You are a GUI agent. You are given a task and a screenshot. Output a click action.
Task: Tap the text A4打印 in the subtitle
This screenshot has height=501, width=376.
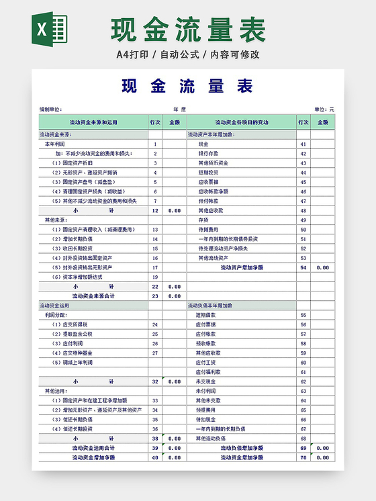133,54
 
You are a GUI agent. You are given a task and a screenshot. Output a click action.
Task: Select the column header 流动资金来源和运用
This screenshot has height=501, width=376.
93,122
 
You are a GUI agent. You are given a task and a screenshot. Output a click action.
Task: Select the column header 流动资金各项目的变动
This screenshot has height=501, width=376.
241,122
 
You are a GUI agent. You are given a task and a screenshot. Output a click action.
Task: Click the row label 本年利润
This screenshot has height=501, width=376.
54,144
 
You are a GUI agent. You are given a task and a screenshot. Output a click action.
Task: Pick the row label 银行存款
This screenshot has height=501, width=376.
207,154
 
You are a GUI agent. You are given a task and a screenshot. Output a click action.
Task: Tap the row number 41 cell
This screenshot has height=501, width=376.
303,144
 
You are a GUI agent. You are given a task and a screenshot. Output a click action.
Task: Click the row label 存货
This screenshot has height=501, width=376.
203,220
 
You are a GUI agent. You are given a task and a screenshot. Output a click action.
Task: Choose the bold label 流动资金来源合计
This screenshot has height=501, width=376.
93,295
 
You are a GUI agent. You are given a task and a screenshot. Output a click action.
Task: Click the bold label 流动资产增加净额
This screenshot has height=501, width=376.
242,267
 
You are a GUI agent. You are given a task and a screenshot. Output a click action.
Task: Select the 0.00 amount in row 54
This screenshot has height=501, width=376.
323,267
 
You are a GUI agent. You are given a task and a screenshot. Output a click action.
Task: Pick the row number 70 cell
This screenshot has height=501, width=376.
303,457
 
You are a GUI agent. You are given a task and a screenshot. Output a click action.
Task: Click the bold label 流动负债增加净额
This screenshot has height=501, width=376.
242,448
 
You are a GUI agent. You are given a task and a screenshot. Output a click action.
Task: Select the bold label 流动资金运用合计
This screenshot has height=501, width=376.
93,448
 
